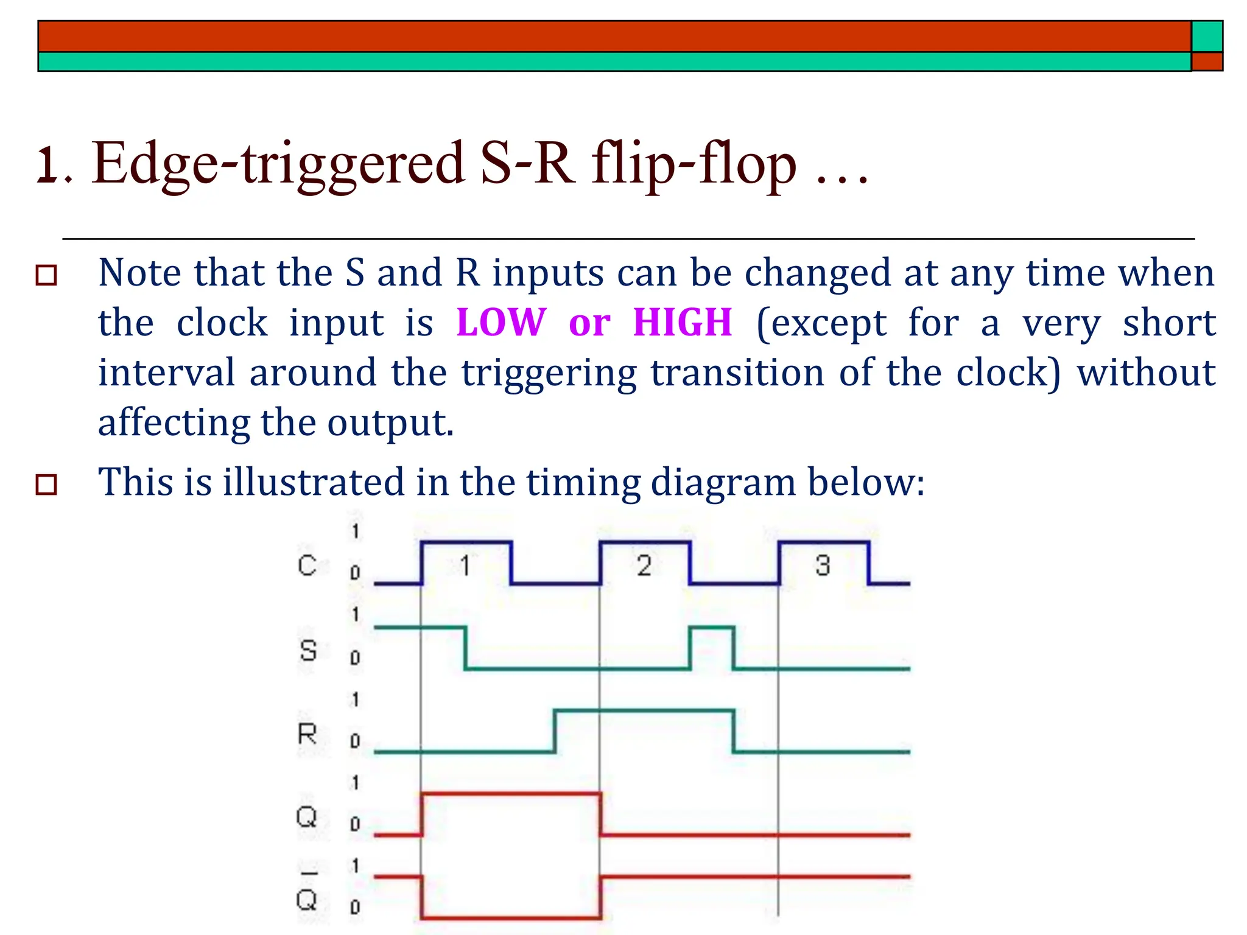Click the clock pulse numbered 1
(x=466, y=566)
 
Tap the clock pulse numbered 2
(x=644, y=566)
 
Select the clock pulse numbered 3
(x=823, y=566)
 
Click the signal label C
(x=307, y=566)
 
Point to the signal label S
(x=308, y=651)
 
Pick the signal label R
(x=307, y=734)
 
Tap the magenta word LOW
(x=501, y=322)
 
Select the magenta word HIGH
(x=682, y=322)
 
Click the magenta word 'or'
(x=589, y=323)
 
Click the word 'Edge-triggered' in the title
(x=278, y=163)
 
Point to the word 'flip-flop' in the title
(x=694, y=163)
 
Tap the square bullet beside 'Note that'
(x=47, y=275)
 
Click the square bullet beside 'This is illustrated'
(x=47, y=485)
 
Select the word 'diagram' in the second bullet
(x=723, y=483)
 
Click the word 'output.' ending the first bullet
(x=390, y=422)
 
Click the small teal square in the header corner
(x=1207, y=37)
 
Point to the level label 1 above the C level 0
(x=355, y=531)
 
